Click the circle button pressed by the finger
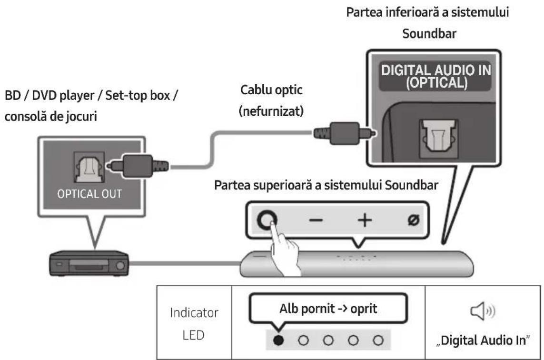[x=267, y=220]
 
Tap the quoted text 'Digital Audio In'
[x=482, y=341]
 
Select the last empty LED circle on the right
[x=378, y=340]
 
